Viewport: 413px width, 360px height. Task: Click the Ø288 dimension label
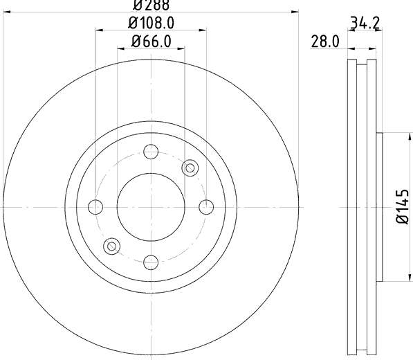[152, 6]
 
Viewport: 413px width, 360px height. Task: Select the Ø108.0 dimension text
[152, 23]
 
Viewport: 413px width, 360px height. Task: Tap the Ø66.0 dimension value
[152, 42]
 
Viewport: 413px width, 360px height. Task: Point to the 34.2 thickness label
[365, 24]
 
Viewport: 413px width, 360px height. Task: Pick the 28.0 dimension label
[325, 42]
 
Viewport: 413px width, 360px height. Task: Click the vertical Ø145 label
[403, 206]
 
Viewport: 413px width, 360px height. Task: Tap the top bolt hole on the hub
[151, 152]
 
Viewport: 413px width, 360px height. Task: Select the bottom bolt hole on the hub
[151, 262]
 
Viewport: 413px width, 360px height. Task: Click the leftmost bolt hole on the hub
[95, 207]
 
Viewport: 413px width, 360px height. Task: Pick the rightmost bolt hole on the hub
[206, 207]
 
